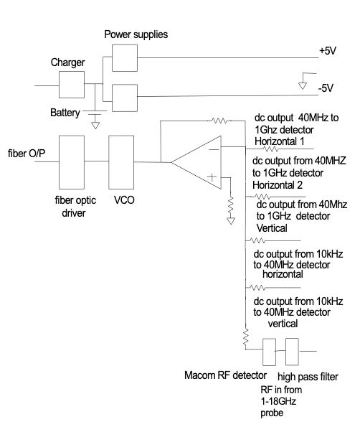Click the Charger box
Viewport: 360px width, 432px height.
pyautogui.click(x=72, y=85)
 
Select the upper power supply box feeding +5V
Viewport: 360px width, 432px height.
pyautogui.click(x=125, y=58)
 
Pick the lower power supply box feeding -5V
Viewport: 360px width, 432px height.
pyautogui.click(x=125, y=98)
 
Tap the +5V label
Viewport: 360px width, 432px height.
pyautogui.click(x=328, y=51)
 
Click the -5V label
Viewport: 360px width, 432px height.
pyautogui.click(x=326, y=88)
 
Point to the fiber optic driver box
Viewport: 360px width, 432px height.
pyautogui.click(x=72, y=162)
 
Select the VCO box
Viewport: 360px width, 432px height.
pyautogui.click(x=121, y=162)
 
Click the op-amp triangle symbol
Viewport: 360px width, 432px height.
pyautogui.click(x=196, y=162)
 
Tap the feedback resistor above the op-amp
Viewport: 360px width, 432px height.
pyautogui.click(x=219, y=121)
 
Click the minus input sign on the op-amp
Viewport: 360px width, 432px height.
pyautogui.click(x=214, y=149)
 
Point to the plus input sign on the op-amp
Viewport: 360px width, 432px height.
pyautogui.click(x=212, y=177)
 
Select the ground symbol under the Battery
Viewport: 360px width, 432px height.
pyautogui.click(x=95, y=126)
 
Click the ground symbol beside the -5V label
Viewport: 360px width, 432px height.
pyautogui.click(x=303, y=86)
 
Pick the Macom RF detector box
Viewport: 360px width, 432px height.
pyautogui.click(x=269, y=352)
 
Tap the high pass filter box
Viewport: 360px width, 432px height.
pyautogui.click(x=292, y=352)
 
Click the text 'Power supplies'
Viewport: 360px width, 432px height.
pyautogui.click(x=136, y=34)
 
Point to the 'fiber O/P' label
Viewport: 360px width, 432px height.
pyautogui.click(x=27, y=153)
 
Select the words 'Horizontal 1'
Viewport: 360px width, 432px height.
pyautogui.click(x=280, y=141)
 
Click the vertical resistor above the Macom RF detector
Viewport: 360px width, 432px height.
pyautogui.click(x=245, y=337)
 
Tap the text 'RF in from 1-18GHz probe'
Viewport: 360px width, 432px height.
pyautogui.click(x=281, y=401)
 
